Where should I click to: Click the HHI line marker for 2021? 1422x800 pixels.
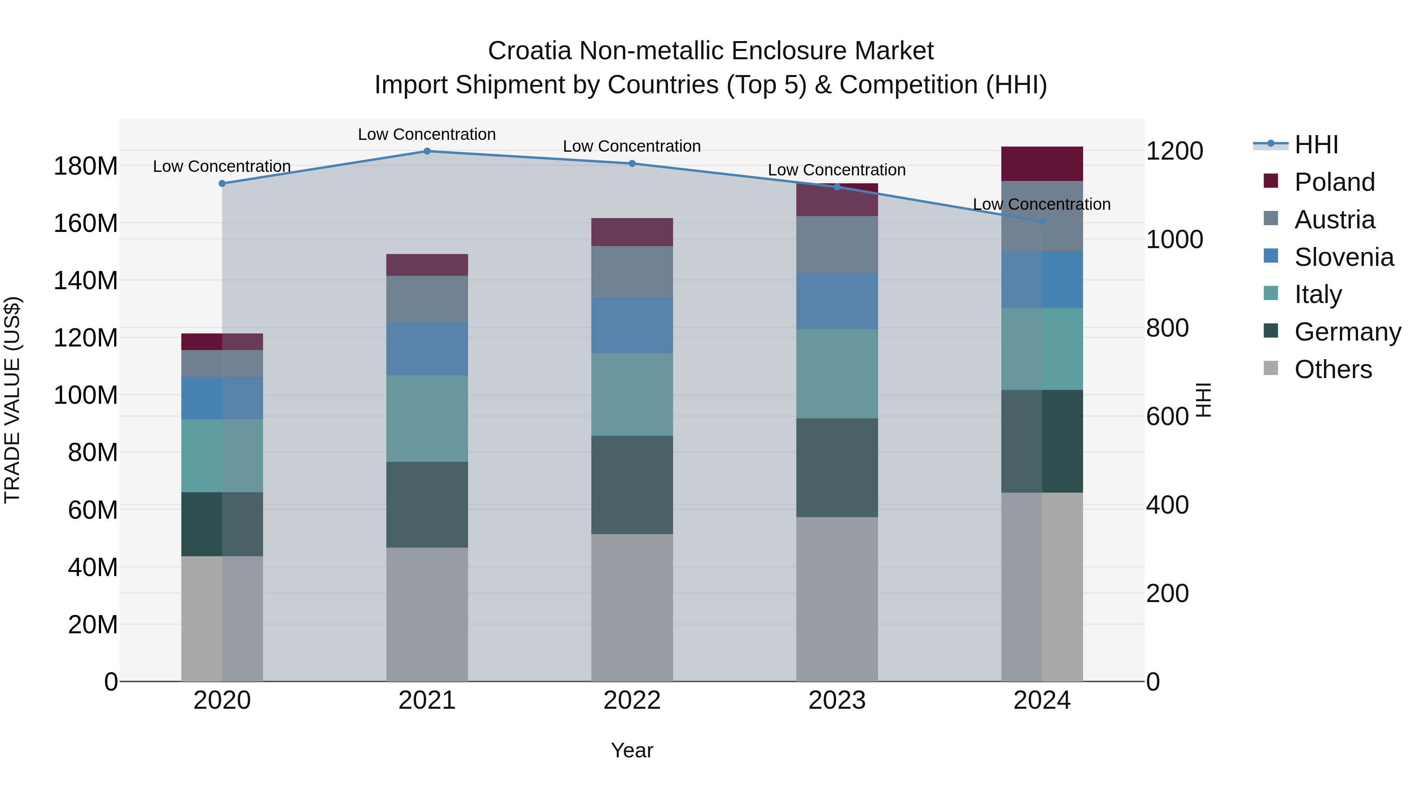click(x=427, y=151)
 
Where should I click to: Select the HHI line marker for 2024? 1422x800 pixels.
click(x=1042, y=221)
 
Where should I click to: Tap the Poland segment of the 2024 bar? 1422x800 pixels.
click(x=1042, y=164)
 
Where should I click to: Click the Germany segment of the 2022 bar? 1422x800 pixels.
click(x=632, y=485)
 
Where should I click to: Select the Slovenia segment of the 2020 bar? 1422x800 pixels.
click(x=222, y=398)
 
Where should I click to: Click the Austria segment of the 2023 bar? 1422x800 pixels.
click(x=837, y=245)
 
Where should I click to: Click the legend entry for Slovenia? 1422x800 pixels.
click(x=1344, y=257)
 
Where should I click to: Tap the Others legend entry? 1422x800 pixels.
click(x=1333, y=369)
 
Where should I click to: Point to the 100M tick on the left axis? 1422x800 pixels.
click(x=86, y=395)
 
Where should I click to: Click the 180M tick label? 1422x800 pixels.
click(x=86, y=166)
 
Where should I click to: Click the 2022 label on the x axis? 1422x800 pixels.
click(x=632, y=700)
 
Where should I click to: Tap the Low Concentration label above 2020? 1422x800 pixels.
click(x=222, y=166)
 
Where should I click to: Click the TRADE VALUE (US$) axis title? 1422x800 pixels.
click(x=13, y=400)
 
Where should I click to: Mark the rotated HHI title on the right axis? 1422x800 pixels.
click(x=1204, y=400)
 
